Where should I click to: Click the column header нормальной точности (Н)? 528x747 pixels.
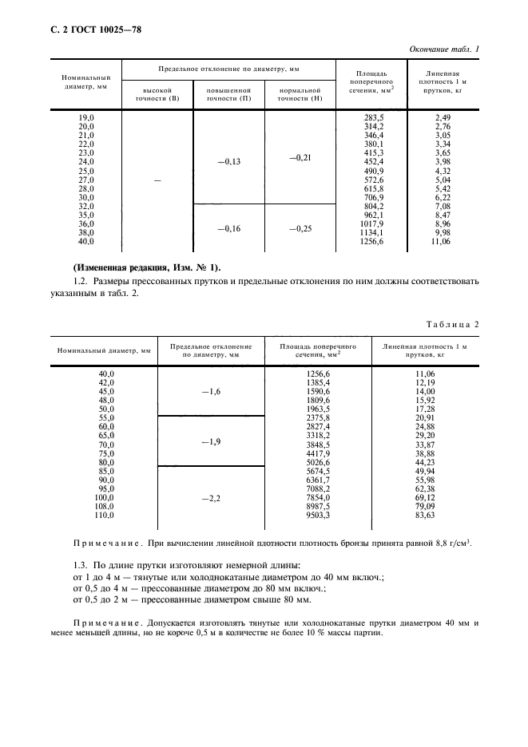coord(300,95)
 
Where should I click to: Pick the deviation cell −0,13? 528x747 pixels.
coord(228,162)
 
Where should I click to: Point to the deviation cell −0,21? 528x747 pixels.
coord(299,158)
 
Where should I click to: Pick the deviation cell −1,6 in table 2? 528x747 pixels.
coord(211,392)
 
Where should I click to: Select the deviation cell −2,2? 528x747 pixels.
coord(211,498)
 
